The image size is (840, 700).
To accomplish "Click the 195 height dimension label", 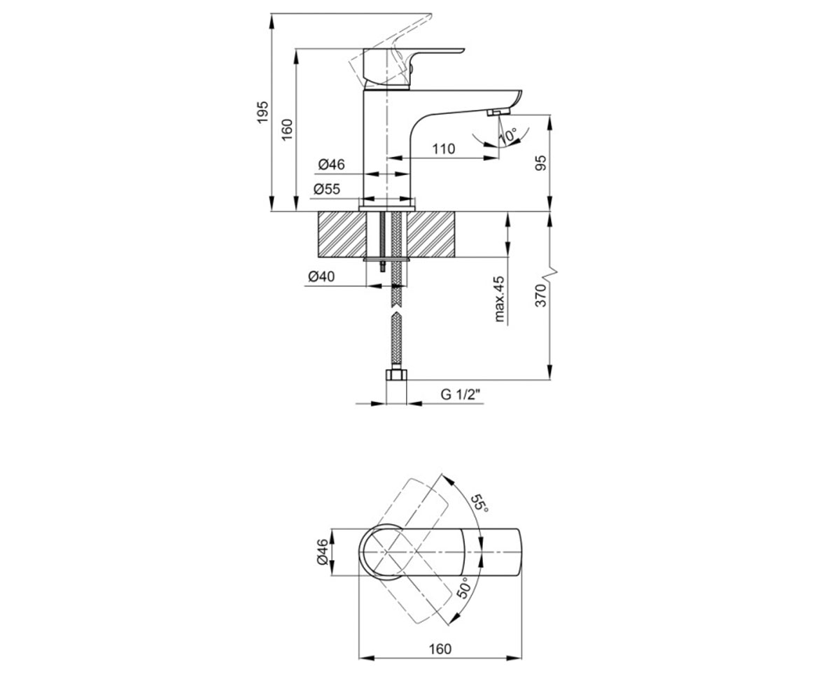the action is tap(262, 112).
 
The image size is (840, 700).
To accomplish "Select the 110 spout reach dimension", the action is tap(444, 149).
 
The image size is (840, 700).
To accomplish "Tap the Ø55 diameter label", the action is tap(327, 189).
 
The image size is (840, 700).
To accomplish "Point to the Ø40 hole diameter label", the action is tap(321, 276).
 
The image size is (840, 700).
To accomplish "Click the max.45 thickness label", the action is tap(499, 299).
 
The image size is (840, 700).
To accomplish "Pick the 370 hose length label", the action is tap(540, 295).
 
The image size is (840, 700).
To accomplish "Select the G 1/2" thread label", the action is tap(461, 395).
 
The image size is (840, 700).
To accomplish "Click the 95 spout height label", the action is tap(542, 163).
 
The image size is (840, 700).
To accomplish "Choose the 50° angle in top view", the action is tap(464, 588).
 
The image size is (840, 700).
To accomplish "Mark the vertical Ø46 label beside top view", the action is tap(323, 552).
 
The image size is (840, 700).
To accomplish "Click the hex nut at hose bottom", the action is tap(397, 374).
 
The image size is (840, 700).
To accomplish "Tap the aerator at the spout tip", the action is tap(498, 112).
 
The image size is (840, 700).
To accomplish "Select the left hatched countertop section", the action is tap(342, 234).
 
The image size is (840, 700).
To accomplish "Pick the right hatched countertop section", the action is tap(431, 234).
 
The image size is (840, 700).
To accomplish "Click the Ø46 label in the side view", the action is tap(332, 164).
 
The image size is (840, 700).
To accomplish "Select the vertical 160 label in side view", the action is tap(286, 129).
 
